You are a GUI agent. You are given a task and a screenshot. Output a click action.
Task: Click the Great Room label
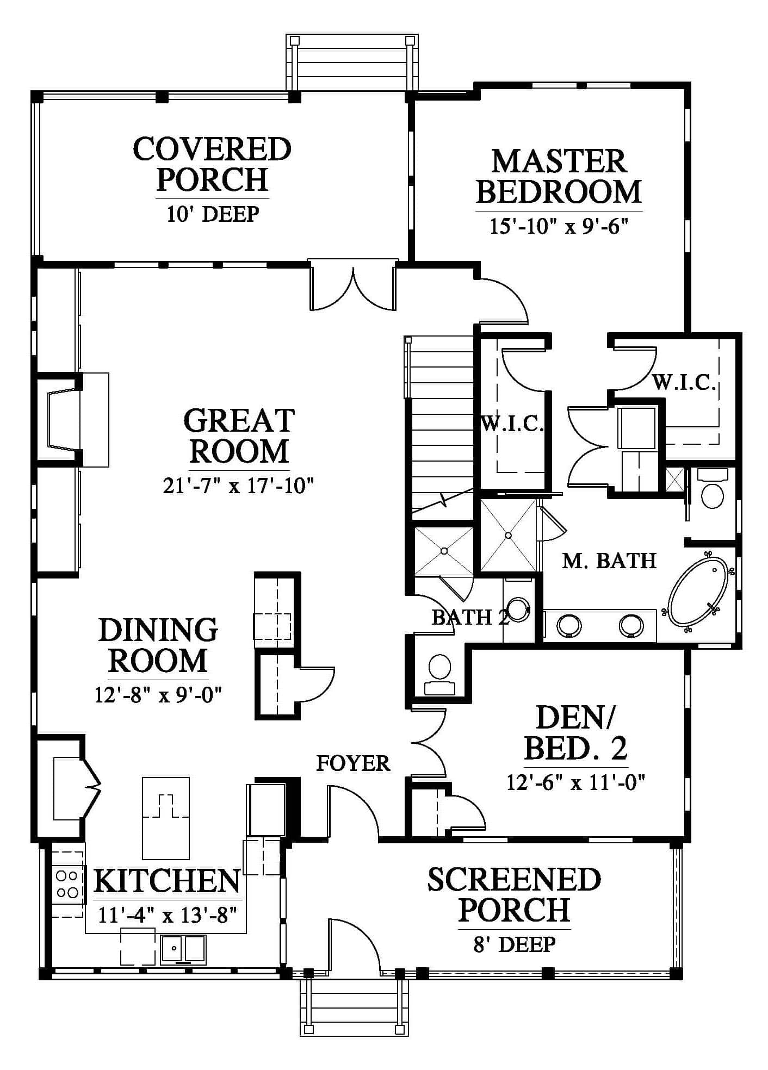coord(239,436)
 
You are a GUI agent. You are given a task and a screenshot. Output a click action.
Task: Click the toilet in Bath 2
coord(439,674)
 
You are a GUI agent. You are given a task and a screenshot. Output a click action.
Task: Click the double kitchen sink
coord(183,949)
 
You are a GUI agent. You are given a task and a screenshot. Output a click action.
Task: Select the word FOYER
coord(353,763)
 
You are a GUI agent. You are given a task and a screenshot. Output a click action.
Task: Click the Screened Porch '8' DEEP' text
coord(514,944)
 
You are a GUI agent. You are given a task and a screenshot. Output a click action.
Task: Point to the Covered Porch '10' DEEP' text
coord(213,214)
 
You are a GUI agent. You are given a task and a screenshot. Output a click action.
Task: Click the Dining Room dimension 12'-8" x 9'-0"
coord(158,695)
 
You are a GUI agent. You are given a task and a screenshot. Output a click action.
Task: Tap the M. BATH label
coord(609,561)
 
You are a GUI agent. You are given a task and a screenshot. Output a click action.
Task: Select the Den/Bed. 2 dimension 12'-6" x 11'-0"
coord(576,782)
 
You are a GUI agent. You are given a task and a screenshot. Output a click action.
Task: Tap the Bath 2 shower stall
coord(444,551)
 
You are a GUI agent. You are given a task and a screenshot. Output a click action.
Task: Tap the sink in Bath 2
coord(518,609)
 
